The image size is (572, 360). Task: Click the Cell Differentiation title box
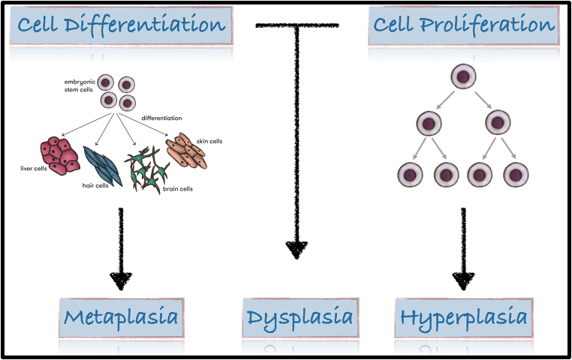point(121,26)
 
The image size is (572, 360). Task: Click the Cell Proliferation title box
point(463,26)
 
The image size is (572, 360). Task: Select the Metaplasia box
point(121,318)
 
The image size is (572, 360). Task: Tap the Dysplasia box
point(300,318)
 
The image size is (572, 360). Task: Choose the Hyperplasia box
point(463,318)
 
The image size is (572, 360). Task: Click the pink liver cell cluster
point(59,155)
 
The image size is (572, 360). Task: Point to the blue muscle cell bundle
point(102,166)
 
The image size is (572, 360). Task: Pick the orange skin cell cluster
point(186,151)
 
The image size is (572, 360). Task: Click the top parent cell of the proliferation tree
point(463,76)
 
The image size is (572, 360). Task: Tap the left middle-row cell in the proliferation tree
point(428,123)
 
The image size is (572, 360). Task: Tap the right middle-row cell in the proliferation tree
point(498,123)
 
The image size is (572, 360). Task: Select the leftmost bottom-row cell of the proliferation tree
point(410,175)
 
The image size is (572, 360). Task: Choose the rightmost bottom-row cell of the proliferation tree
point(516,175)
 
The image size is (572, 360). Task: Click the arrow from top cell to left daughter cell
point(446,100)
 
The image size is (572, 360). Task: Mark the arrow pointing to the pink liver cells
point(86,125)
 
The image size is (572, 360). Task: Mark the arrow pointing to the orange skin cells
point(143,125)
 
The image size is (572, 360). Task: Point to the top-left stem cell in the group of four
point(106,82)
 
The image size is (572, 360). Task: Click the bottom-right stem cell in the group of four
point(128,103)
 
